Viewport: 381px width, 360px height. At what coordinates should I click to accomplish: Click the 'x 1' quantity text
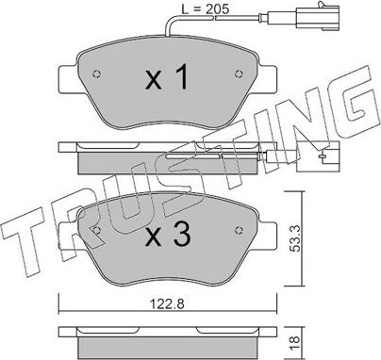[x=165, y=80]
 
